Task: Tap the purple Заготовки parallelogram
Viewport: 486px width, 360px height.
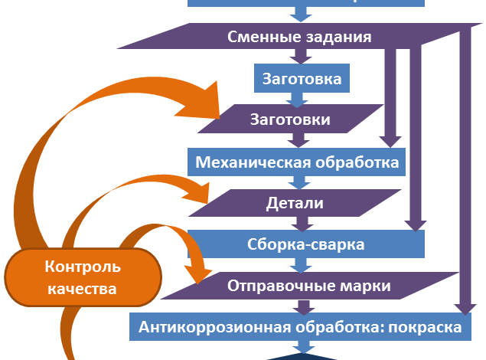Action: [x=291, y=120]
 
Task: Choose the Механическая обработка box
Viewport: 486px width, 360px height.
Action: [x=297, y=162]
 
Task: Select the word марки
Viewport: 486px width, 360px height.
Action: [x=365, y=286]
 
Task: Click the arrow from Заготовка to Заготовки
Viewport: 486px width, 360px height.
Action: [x=298, y=98]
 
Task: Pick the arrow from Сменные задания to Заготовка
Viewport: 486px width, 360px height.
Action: [x=298, y=56]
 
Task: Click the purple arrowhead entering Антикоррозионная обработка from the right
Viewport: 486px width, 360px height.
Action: [x=463, y=307]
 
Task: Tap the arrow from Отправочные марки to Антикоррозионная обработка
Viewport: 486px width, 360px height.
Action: [x=305, y=306]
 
